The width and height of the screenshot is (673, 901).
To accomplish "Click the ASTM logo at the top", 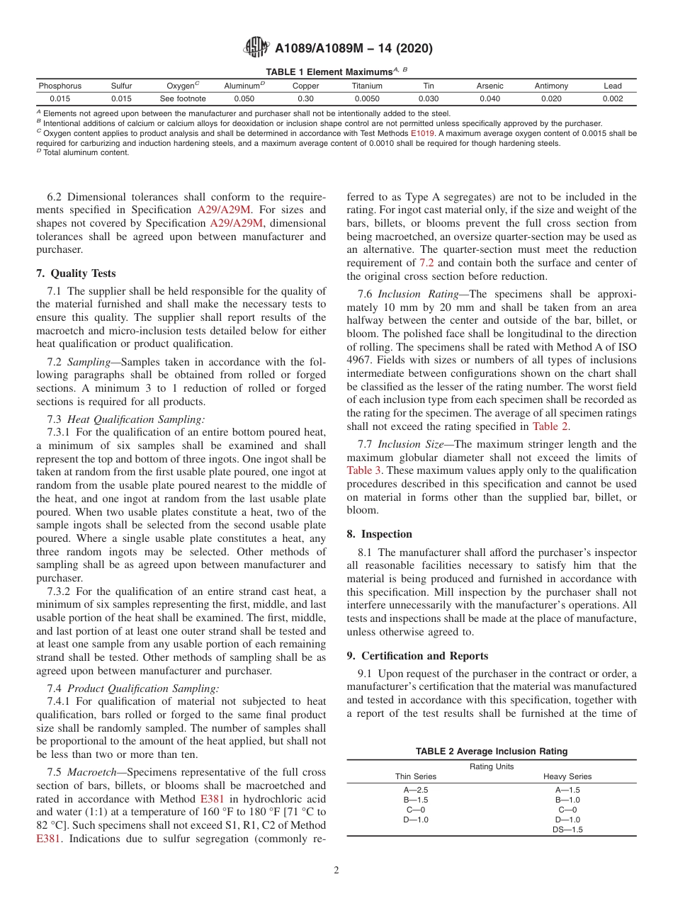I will pos(256,47).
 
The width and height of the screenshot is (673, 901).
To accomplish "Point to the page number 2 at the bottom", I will pos(336,870).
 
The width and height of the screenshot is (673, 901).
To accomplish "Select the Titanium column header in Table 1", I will pos(367,86).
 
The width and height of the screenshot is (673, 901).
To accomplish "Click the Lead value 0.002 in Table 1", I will pos(612,99).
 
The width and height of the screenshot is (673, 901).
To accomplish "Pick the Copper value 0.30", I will pos(305,99).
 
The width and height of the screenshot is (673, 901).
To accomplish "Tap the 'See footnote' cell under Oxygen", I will pos(183,99).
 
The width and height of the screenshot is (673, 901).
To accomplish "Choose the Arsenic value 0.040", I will pos(490,99).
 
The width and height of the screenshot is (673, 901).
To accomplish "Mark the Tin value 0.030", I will pos(428,99).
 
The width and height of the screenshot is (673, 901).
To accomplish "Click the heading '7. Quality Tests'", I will pos(76,273).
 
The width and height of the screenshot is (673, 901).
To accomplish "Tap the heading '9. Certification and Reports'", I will pos(417,656).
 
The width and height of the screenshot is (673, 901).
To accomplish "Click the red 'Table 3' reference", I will pos(365,470).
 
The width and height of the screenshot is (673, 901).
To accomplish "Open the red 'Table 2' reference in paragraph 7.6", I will pos(549,426).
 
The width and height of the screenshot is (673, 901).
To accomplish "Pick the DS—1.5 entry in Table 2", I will pos(567,829).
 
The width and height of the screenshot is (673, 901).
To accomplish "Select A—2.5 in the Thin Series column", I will pos(416,790).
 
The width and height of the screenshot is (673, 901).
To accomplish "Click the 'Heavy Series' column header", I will pos(567,776).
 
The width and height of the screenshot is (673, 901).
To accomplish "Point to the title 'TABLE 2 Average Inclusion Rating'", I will pos(491,752).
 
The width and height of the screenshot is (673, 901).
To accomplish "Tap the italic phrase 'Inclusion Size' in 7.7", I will pos(407,445).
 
